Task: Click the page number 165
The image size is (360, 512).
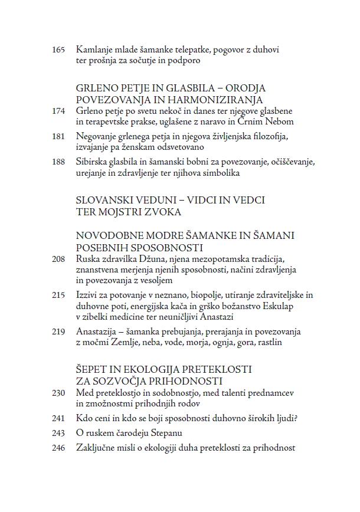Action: tap(58, 49)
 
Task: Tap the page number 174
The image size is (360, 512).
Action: tap(58, 111)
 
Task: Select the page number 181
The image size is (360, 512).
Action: tap(58, 137)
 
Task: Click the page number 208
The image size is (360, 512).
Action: tap(58, 259)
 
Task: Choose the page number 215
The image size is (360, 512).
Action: tap(58, 295)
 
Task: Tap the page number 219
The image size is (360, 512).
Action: tap(58, 332)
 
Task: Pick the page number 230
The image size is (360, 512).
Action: tap(58, 393)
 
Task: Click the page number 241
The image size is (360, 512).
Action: tap(58, 419)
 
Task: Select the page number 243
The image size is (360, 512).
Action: tap(58, 434)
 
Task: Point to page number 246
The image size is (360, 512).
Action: tap(58, 448)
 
